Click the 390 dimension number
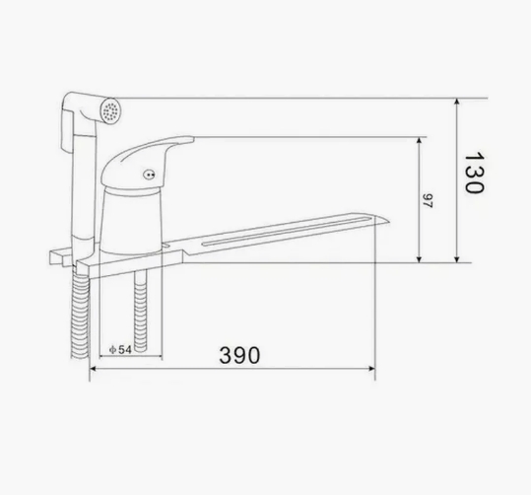239,355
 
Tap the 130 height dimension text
474,173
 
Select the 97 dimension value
428,201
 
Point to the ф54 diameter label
120,349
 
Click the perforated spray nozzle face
110,110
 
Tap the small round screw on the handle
149,175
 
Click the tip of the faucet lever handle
193,139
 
